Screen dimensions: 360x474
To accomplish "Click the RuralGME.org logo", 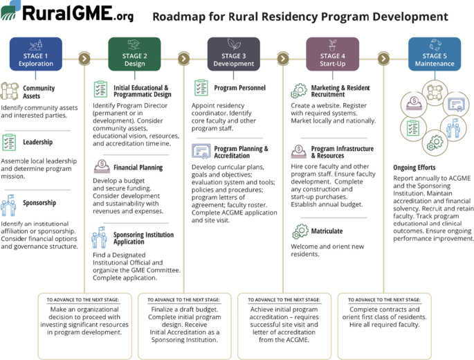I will coord(67,13).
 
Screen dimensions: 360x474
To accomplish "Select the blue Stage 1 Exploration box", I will coord(36,54).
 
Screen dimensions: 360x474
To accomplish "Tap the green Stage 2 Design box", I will coord(135,54).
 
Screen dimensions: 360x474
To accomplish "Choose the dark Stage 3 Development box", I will coord(234,54).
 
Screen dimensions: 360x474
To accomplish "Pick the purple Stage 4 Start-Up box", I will coord(332,54).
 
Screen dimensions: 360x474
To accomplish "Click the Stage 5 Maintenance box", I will coord(435,54).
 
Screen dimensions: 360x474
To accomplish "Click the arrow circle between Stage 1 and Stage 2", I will coord(84,58).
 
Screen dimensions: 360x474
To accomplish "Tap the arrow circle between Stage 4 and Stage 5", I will coord(383,58).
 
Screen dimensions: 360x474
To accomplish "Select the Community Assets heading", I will coord(39,93).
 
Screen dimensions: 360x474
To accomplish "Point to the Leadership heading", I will coord(38,143).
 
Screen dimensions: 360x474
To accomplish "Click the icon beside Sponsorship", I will coord(9,205).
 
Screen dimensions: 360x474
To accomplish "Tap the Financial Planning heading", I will coord(138,168).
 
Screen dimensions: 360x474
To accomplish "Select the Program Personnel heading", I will coord(239,88).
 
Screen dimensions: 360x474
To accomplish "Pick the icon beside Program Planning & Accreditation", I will coord(201,152).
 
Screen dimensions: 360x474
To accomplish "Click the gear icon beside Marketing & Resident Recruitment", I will coord(300,91).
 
